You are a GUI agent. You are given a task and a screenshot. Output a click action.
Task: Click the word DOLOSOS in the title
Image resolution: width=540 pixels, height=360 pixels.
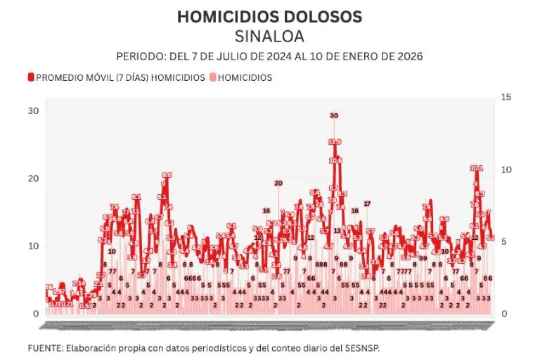coord(319,16)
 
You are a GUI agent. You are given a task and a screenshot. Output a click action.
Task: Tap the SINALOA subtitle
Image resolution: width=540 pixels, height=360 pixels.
coord(270,36)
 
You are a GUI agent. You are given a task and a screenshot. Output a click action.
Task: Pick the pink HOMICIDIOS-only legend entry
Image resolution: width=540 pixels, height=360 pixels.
coord(245,77)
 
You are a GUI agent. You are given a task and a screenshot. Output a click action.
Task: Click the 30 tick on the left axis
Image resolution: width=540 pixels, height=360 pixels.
coord(33,111)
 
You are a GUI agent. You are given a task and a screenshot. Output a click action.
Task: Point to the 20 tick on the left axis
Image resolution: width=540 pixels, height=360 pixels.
coord(33,179)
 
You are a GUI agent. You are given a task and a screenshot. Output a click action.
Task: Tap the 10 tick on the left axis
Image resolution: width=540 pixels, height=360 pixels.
coord(33,246)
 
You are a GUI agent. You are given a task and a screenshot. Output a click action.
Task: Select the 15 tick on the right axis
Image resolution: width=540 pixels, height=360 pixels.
coord(505,97)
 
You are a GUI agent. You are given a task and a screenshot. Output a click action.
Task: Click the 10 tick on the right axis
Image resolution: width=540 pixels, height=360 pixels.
coord(505,169)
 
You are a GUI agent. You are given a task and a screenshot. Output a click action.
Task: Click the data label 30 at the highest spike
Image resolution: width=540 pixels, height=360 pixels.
coord(334,115)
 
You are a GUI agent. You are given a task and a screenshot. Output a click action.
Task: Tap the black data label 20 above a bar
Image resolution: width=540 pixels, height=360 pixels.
coord(278,183)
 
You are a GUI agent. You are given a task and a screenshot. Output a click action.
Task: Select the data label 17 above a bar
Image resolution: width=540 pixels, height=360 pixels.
coord(366,203)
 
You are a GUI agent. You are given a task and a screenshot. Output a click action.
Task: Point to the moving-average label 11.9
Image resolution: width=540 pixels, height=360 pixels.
coord(335,141)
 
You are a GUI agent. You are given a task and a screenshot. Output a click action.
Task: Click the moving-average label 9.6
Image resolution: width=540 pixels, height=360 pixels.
coord(167,175)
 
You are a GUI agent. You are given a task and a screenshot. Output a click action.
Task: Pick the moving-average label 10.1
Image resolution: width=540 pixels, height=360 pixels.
coord(476,168)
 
